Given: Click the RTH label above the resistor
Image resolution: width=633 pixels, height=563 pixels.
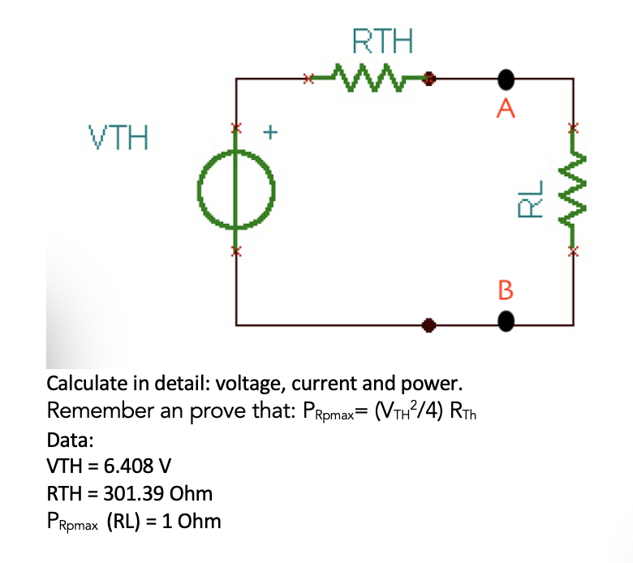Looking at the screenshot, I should click(x=382, y=40).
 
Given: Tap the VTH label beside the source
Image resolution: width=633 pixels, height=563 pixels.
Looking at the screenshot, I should click(x=118, y=138).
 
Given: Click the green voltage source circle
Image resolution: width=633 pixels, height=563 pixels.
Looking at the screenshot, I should click(x=236, y=191).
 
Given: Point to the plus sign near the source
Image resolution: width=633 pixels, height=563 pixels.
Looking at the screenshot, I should click(x=272, y=130).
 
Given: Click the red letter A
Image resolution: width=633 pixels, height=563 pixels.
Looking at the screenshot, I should click(x=506, y=108).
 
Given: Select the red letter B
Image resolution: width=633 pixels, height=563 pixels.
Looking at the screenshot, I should click(x=506, y=289).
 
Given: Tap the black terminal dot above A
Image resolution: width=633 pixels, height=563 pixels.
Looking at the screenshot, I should click(x=506, y=80).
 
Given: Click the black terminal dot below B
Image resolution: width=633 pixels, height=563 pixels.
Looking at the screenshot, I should click(x=506, y=324).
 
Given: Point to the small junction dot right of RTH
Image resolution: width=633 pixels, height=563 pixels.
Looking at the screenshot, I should click(x=430, y=80).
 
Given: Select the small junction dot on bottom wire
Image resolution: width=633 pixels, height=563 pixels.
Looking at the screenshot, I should click(x=429, y=326).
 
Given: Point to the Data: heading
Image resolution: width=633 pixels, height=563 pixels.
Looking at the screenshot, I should click(x=71, y=440).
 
